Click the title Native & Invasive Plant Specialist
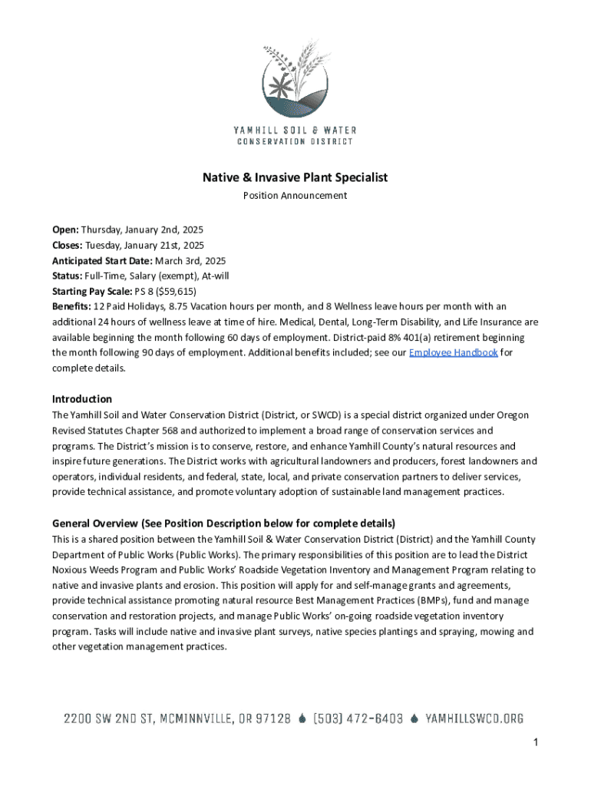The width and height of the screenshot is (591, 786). click(295, 177)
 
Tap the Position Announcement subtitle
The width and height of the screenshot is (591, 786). click(295, 196)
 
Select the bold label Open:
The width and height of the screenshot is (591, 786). click(65, 230)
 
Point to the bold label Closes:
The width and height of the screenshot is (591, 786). click(68, 245)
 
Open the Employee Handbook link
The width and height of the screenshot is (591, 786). click(453, 352)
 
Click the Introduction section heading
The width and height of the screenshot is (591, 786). click(82, 399)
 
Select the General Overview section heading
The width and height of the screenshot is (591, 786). click(223, 523)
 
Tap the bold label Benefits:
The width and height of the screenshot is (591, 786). click(71, 306)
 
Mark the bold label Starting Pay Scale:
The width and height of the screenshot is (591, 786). click(92, 291)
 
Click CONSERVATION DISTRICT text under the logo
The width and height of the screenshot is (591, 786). click(295, 141)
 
